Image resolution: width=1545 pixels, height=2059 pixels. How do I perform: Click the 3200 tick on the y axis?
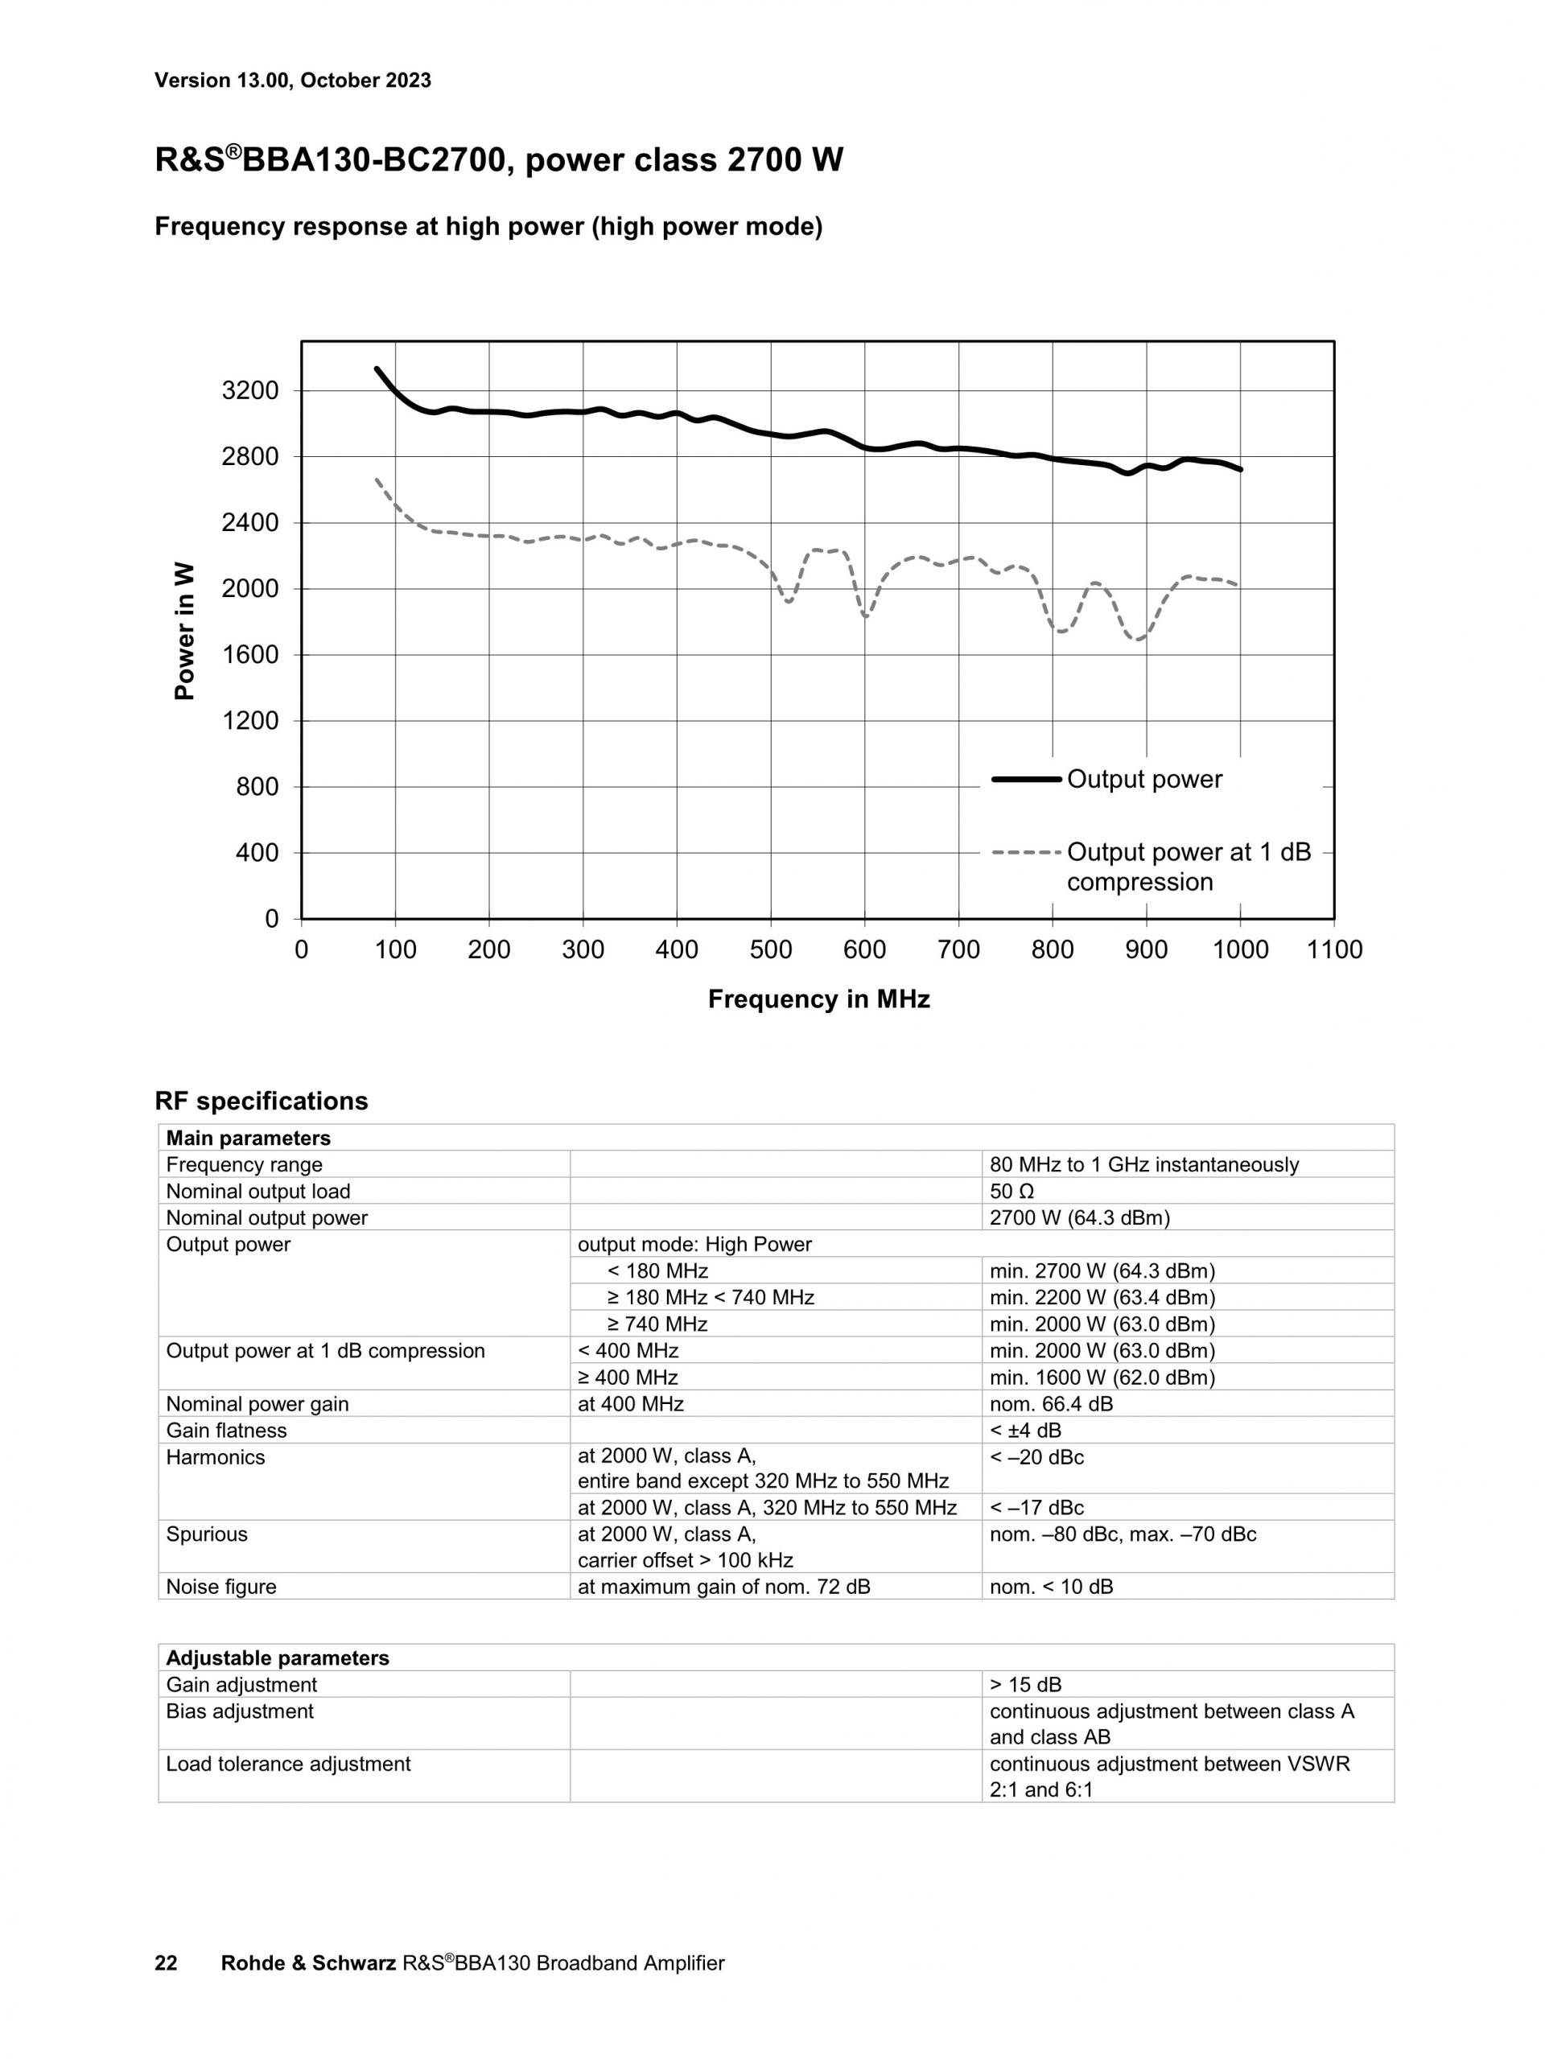249,391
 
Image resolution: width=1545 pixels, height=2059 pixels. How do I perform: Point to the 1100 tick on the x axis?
1333,949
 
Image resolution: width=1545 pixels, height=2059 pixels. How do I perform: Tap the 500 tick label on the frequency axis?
771,949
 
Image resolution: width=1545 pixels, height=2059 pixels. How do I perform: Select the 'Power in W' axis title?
185,630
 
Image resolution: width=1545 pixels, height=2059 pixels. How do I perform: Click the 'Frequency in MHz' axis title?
818,999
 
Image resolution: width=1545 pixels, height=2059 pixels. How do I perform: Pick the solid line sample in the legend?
1026,779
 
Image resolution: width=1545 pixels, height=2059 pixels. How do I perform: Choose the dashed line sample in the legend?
1026,852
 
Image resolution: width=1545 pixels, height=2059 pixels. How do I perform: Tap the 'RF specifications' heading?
261,1102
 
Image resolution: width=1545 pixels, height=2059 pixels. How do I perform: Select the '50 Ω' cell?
1011,1192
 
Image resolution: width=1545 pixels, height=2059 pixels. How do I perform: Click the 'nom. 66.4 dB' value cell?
1051,1404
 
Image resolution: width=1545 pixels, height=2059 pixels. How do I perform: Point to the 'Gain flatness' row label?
226,1431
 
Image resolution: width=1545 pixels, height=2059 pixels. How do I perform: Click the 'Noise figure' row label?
220,1587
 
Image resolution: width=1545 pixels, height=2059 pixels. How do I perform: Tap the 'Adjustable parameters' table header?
278,1657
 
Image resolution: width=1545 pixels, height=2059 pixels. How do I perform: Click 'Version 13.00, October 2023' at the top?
292,80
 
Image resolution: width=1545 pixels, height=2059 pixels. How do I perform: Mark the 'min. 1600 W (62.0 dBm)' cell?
1102,1377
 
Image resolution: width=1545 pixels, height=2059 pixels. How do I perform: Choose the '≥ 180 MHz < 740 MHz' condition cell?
711,1298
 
